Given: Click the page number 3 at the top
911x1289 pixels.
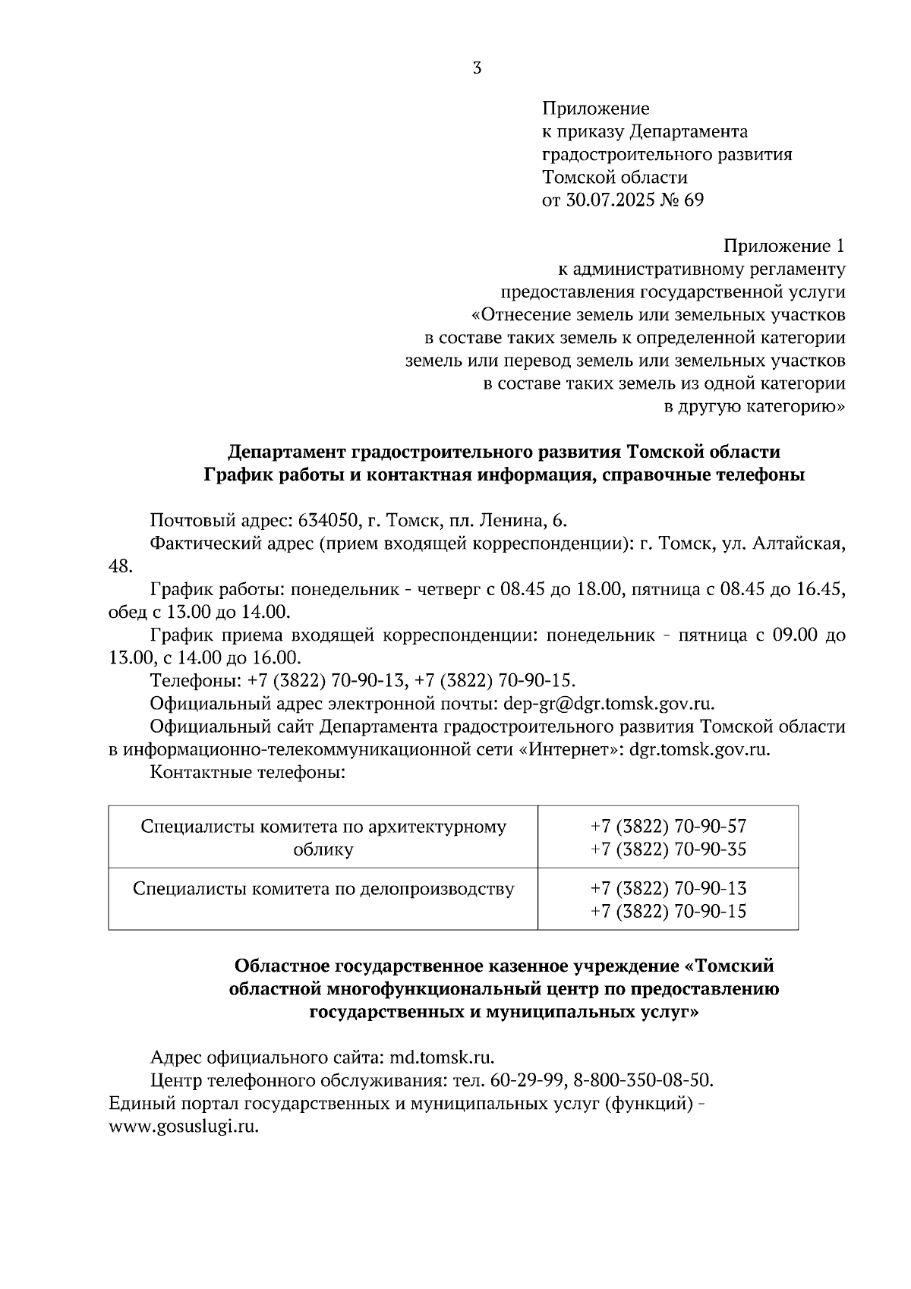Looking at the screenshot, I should [477, 68].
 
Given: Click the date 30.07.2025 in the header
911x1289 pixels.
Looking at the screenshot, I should [610, 200].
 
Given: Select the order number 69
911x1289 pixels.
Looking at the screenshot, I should [694, 200].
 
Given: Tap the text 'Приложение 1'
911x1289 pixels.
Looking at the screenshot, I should [783, 246].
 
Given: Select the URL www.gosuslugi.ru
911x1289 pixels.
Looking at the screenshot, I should [184, 1126].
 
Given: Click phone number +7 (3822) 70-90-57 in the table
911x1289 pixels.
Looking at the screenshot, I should [668, 826].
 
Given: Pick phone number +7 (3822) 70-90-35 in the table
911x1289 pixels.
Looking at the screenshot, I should [668, 849].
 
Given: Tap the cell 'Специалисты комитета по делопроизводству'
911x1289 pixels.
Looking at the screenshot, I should [323, 888].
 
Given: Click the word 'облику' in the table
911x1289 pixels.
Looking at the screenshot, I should [323, 849].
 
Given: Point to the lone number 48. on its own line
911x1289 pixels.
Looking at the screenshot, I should [121, 566].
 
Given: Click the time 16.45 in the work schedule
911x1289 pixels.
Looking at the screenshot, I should [823, 589].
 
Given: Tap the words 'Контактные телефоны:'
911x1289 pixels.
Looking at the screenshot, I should [247, 773].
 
